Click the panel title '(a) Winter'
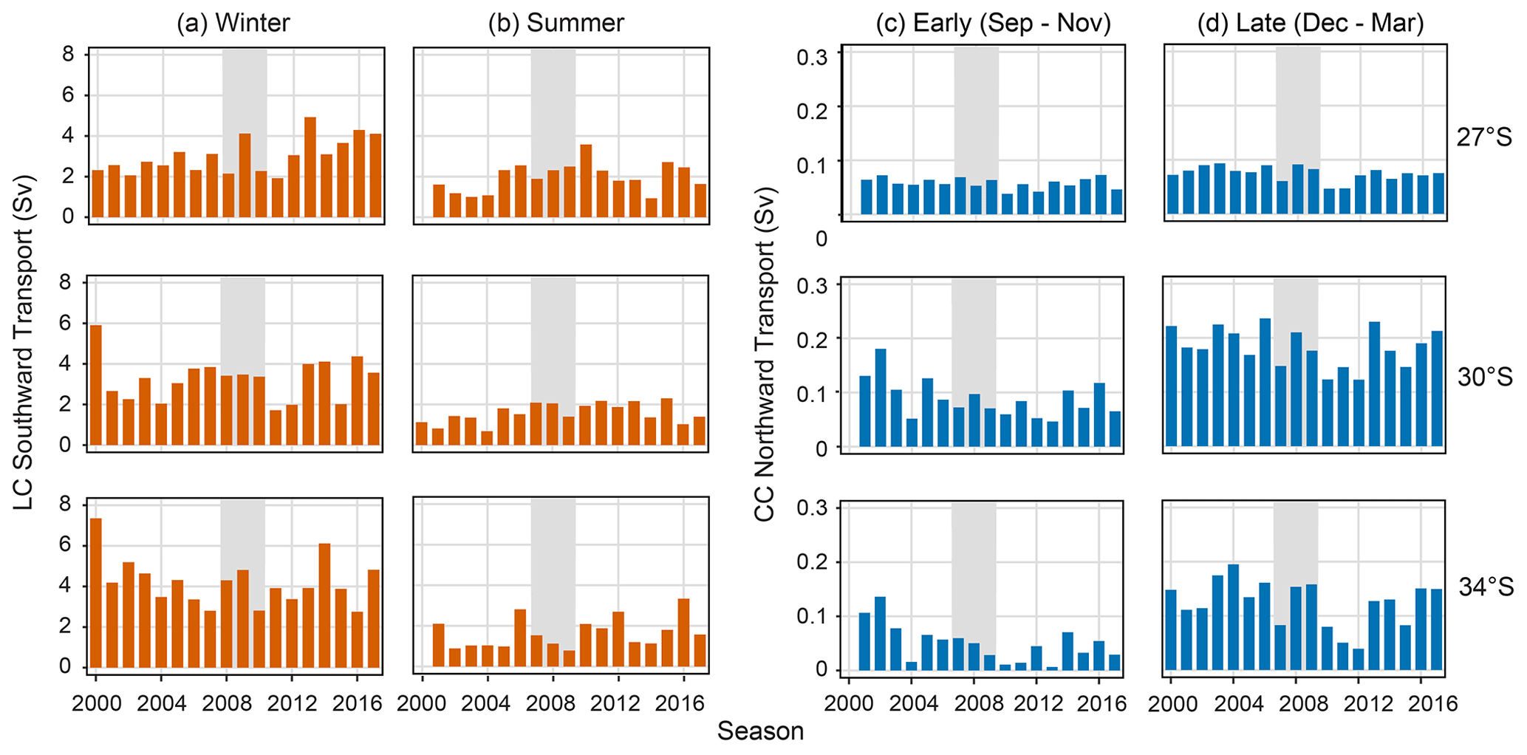tap(233, 23)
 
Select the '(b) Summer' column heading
tap(556, 23)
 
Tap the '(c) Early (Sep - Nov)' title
tap(993, 23)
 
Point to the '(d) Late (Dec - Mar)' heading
tap(1310, 23)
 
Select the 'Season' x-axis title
tap(760, 731)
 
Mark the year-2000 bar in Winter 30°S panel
tap(96, 385)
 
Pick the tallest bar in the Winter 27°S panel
tap(310, 167)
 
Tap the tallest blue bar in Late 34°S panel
tap(1233, 617)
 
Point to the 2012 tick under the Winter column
tap(292, 702)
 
